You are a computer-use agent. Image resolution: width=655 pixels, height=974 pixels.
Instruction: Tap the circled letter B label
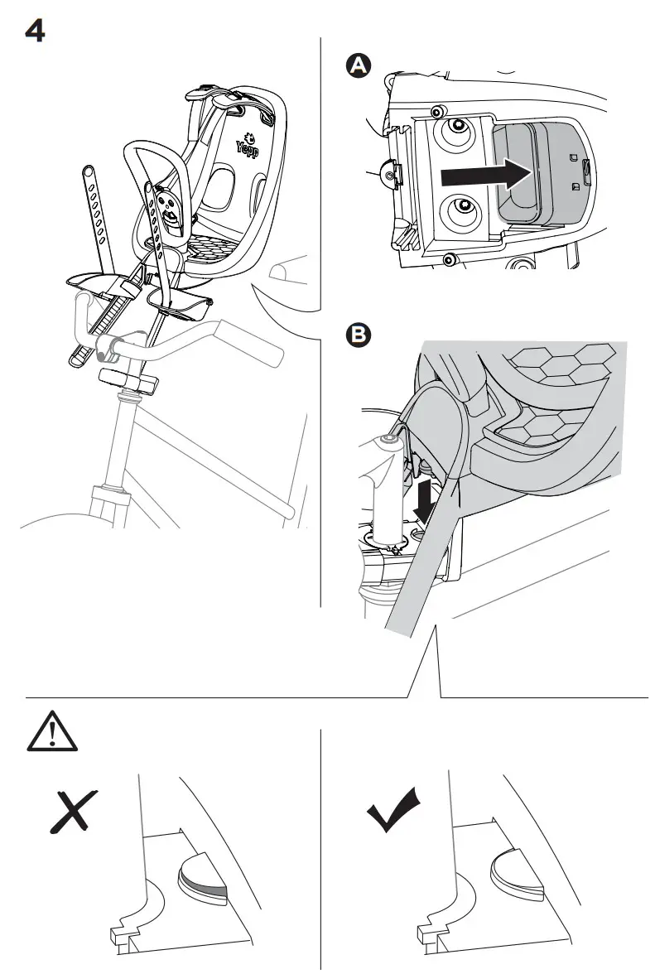358,335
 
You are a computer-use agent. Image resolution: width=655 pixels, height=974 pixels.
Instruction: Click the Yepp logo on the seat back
246,146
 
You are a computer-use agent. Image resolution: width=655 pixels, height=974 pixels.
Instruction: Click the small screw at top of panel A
436,110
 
